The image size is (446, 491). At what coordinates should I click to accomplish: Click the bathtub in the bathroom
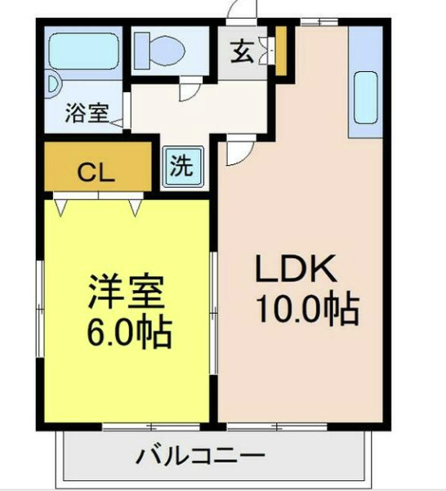coord(84,51)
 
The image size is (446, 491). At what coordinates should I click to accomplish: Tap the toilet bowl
coord(170,51)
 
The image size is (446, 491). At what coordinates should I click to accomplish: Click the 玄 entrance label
coord(242,51)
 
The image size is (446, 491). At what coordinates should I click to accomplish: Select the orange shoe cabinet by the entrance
coord(280,51)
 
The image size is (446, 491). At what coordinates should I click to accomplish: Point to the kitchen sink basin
coord(364,99)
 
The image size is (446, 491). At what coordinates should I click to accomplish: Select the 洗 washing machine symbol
coord(182,167)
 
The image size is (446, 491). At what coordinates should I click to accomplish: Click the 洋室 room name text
coord(127,290)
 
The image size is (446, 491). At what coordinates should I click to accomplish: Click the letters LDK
coord(297,269)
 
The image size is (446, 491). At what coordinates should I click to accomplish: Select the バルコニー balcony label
coord(201,455)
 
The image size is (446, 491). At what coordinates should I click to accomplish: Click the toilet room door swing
coord(189,87)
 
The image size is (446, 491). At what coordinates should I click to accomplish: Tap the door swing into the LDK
coord(237,151)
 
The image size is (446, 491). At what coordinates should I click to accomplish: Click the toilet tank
coord(141,50)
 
